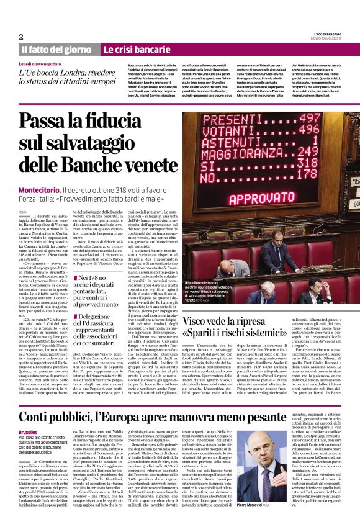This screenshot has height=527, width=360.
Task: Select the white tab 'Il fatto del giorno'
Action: [x=56, y=50]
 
